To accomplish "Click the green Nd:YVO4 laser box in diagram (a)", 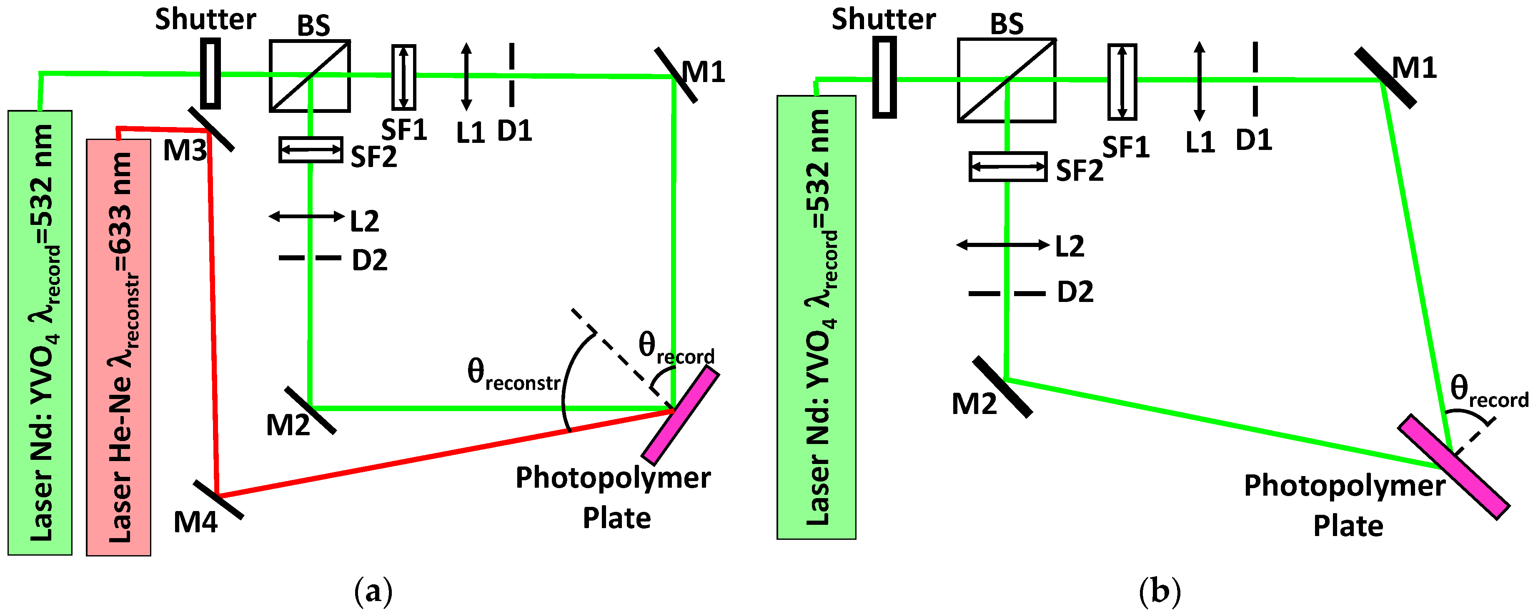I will pyautogui.click(x=40, y=332).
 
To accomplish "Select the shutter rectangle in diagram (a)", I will pyautogui.click(x=210, y=73).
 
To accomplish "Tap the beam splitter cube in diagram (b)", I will pyautogui.click(x=1007, y=80).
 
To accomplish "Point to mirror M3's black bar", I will pyautogui.click(x=211, y=130).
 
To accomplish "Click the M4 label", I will pyautogui.click(x=195, y=523).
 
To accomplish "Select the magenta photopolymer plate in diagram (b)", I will pyautogui.click(x=1454, y=467).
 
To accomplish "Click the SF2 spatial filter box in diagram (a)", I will pyautogui.click(x=311, y=150).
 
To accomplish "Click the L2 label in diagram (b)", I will pyautogui.click(x=1070, y=247).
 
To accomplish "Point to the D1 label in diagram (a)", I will pyautogui.click(x=515, y=131).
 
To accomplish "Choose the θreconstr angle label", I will pyautogui.click(x=514, y=375).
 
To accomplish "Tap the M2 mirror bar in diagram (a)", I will pyautogui.click(x=310, y=410).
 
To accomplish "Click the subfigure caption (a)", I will pyautogui.click(x=374, y=591).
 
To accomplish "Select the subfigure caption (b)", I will pyautogui.click(x=1160, y=591).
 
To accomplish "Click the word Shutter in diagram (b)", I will pyautogui.click(x=884, y=19).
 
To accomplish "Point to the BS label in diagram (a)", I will pyautogui.click(x=313, y=26).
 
